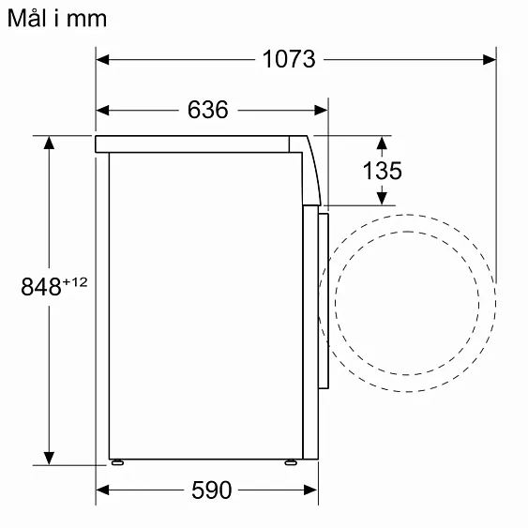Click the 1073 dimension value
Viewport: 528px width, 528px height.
[288, 59]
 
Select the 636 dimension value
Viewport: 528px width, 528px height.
[208, 110]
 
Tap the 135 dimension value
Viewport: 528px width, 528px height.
[382, 171]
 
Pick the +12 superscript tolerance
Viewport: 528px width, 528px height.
[75, 282]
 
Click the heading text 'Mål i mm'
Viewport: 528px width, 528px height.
[56, 18]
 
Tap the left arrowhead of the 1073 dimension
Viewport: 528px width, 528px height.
[104, 59]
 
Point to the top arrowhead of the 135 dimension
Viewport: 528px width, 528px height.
[382, 142]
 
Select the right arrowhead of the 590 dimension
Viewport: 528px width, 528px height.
[311, 490]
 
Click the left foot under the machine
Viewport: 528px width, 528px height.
[116, 461]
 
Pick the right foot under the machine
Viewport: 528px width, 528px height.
[291, 461]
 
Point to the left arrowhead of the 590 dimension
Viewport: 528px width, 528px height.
[104, 490]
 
